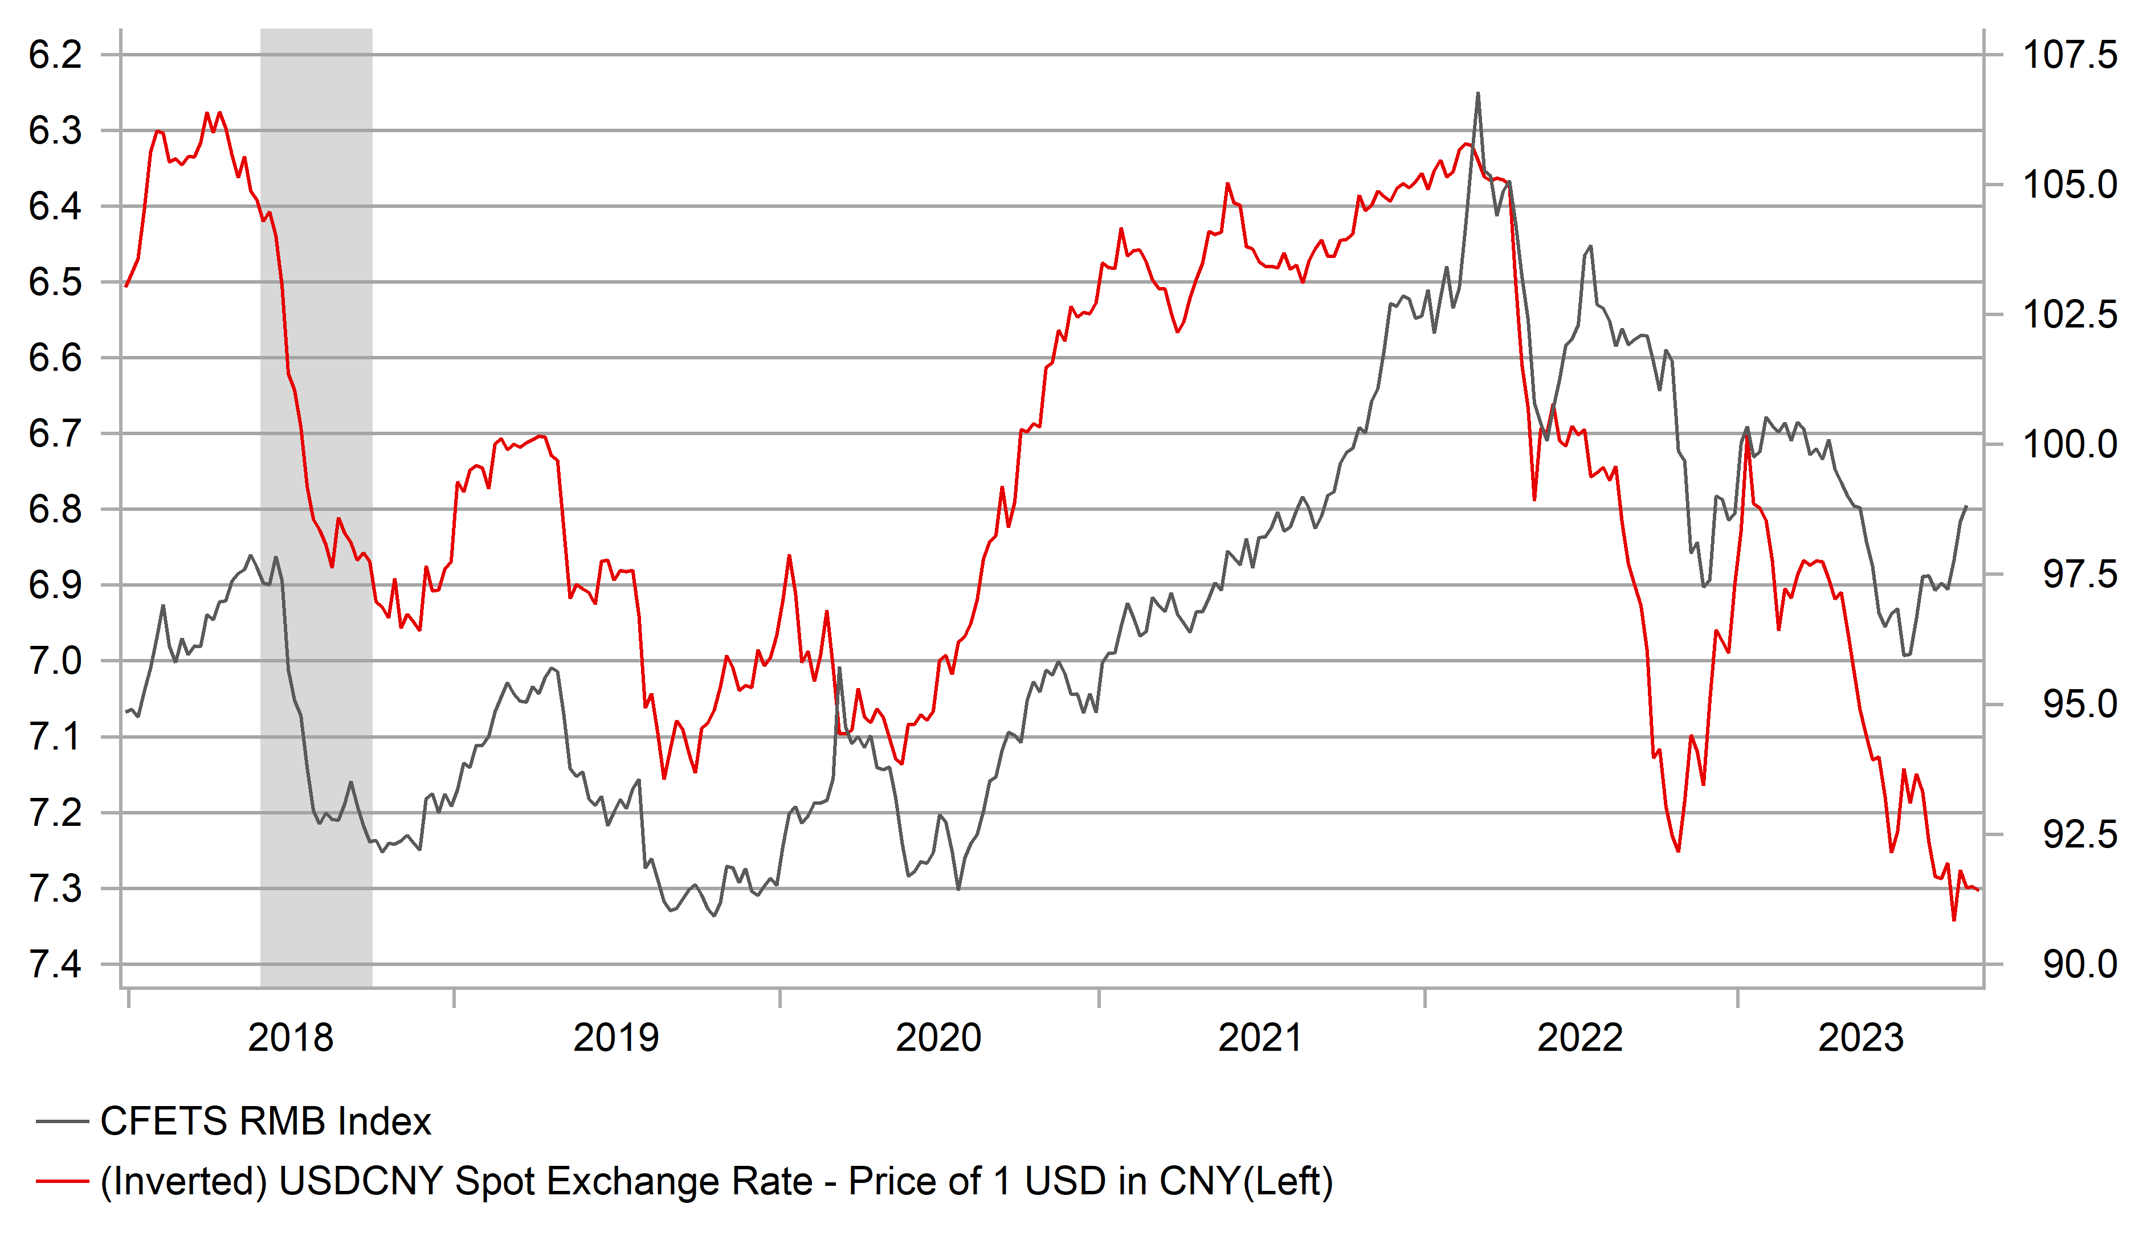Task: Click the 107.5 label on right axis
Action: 2068,55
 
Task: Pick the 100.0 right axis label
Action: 2068,445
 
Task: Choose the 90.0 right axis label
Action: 2079,965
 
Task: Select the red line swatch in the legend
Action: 62,1181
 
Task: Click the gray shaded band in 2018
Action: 316,511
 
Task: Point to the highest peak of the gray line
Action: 1477,93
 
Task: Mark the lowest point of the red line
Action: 1954,920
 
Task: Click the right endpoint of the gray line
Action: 1966,507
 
